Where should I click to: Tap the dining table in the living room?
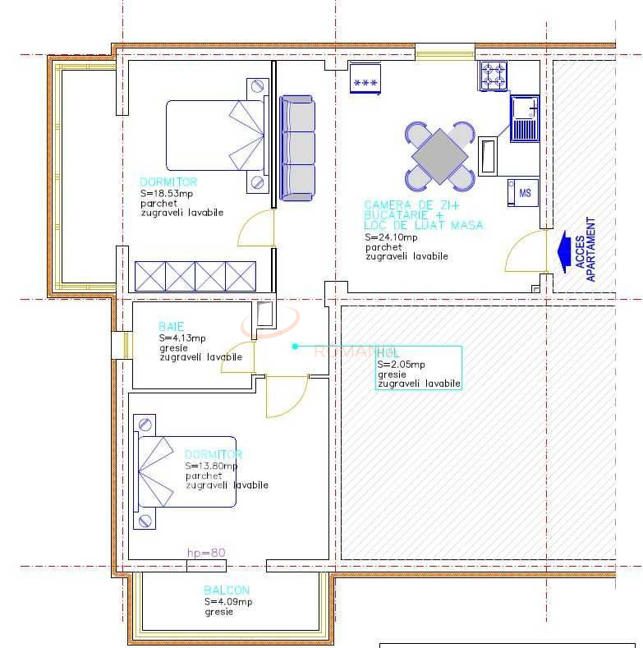[x=440, y=156]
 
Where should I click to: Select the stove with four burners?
[x=494, y=76]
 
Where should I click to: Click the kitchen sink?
[x=524, y=118]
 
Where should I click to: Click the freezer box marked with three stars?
[x=365, y=78]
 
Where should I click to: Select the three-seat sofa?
[x=297, y=148]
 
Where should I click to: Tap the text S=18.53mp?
[x=167, y=193]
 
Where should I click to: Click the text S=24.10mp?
[x=391, y=237]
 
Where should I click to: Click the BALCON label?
[x=227, y=590]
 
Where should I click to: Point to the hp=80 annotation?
[x=206, y=553]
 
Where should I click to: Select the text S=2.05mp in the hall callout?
[x=401, y=364]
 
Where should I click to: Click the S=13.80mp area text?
[x=211, y=466]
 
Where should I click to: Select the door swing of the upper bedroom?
[x=255, y=228]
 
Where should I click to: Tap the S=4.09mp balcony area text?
[x=228, y=601]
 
